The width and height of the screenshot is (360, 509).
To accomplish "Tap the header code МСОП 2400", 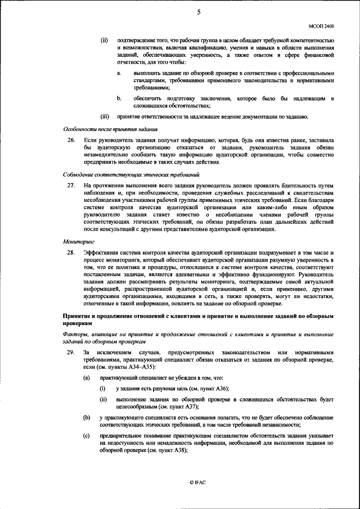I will tap(321, 26).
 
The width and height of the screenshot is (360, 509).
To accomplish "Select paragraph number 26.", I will tap(71, 139).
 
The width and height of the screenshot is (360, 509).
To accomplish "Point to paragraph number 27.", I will tap(71, 185).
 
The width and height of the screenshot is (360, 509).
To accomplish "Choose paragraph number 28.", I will tap(71, 253).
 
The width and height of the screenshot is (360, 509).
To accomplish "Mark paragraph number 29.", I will tap(71, 353).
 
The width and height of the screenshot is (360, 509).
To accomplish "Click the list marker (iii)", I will tap(105, 116).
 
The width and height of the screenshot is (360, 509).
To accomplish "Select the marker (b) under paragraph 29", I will tap(87, 417).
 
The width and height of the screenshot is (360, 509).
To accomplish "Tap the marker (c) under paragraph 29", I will tap(87, 436).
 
